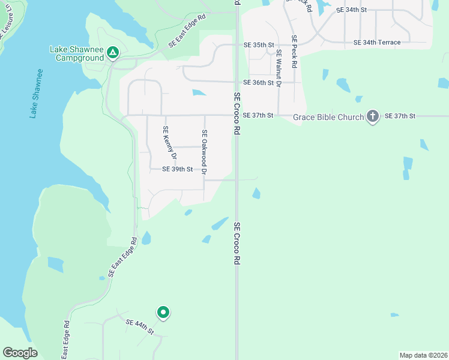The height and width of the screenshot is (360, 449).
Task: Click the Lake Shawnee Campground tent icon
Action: coord(112,53)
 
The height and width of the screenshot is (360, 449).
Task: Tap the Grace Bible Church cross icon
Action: coord(372,116)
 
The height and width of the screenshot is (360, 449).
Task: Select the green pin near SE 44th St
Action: coord(163,313)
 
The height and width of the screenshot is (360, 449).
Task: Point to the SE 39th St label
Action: coord(178,170)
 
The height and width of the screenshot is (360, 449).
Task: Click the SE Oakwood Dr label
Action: coord(204,153)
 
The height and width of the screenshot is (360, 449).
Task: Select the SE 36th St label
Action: coord(258,83)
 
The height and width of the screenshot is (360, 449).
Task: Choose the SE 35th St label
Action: coord(258,45)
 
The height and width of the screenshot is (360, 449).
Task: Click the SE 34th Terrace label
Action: coord(377,43)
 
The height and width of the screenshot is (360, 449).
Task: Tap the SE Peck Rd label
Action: coord(294,52)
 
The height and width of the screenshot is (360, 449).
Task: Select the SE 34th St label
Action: coord(351,10)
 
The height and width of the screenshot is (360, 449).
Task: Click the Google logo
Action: coord(20,353)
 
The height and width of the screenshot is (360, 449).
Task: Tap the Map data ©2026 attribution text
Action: coord(423,355)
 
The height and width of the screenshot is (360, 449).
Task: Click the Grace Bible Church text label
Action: coord(329,117)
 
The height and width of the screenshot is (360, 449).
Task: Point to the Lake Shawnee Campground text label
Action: coord(76,54)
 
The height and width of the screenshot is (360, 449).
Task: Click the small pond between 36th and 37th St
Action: coord(199,93)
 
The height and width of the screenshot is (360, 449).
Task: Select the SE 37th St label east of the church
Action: coord(400,115)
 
